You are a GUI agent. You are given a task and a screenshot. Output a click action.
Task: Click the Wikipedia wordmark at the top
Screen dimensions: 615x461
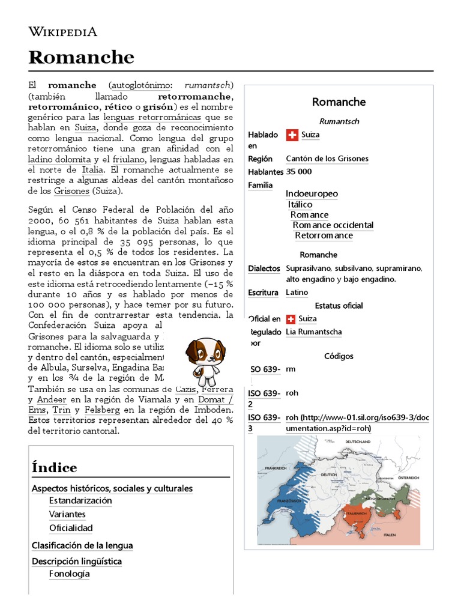click(x=63, y=32)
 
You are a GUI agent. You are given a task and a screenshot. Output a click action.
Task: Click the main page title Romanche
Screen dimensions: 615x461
click(x=81, y=58)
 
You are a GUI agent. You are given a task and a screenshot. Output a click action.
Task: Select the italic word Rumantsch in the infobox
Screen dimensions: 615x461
click(x=339, y=121)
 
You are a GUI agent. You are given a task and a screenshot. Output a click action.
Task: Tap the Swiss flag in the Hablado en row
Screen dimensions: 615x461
click(x=292, y=135)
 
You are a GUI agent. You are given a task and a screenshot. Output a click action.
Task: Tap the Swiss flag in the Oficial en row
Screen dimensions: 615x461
click(x=292, y=319)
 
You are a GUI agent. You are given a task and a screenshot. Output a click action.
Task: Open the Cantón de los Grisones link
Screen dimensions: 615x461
click(x=327, y=159)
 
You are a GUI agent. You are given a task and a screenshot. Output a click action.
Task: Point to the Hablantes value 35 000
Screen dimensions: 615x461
click(x=299, y=172)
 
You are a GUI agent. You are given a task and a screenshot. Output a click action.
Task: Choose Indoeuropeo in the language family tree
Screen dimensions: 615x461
click(x=312, y=193)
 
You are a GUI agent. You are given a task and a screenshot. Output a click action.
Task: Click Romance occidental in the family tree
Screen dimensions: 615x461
click(x=333, y=225)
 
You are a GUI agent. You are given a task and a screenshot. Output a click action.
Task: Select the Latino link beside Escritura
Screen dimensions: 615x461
click(x=297, y=292)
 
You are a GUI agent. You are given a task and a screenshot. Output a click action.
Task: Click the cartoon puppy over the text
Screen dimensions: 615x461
click(x=205, y=360)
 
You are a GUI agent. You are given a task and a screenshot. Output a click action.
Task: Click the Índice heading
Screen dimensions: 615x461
click(x=55, y=467)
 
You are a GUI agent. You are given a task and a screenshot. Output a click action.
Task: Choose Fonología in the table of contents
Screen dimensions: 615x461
click(x=69, y=574)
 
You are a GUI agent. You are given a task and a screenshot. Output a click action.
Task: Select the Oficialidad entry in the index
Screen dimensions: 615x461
click(x=71, y=528)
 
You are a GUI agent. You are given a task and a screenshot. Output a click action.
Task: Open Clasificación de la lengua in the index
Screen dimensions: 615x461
click(x=82, y=545)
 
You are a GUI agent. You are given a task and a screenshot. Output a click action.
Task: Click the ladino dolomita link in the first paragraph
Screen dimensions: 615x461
click(x=59, y=159)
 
